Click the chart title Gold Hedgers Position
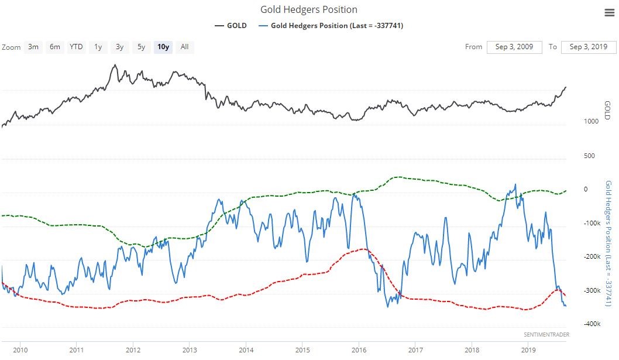(x=308, y=9)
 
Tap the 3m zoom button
(x=33, y=47)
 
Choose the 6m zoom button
(x=54, y=47)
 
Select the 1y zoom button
(x=98, y=47)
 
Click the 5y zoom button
(x=141, y=47)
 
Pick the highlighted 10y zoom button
(x=163, y=47)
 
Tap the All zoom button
(x=184, y=47)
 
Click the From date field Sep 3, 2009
(x=514, y=47)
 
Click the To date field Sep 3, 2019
(x=589, y=47)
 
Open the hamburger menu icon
(x=608, y=13)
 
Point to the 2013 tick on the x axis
(x=189, y=350)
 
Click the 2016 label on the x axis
(x=359, y=350)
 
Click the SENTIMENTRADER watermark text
(x=546, y=334)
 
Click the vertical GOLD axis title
(x=607, y=110)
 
